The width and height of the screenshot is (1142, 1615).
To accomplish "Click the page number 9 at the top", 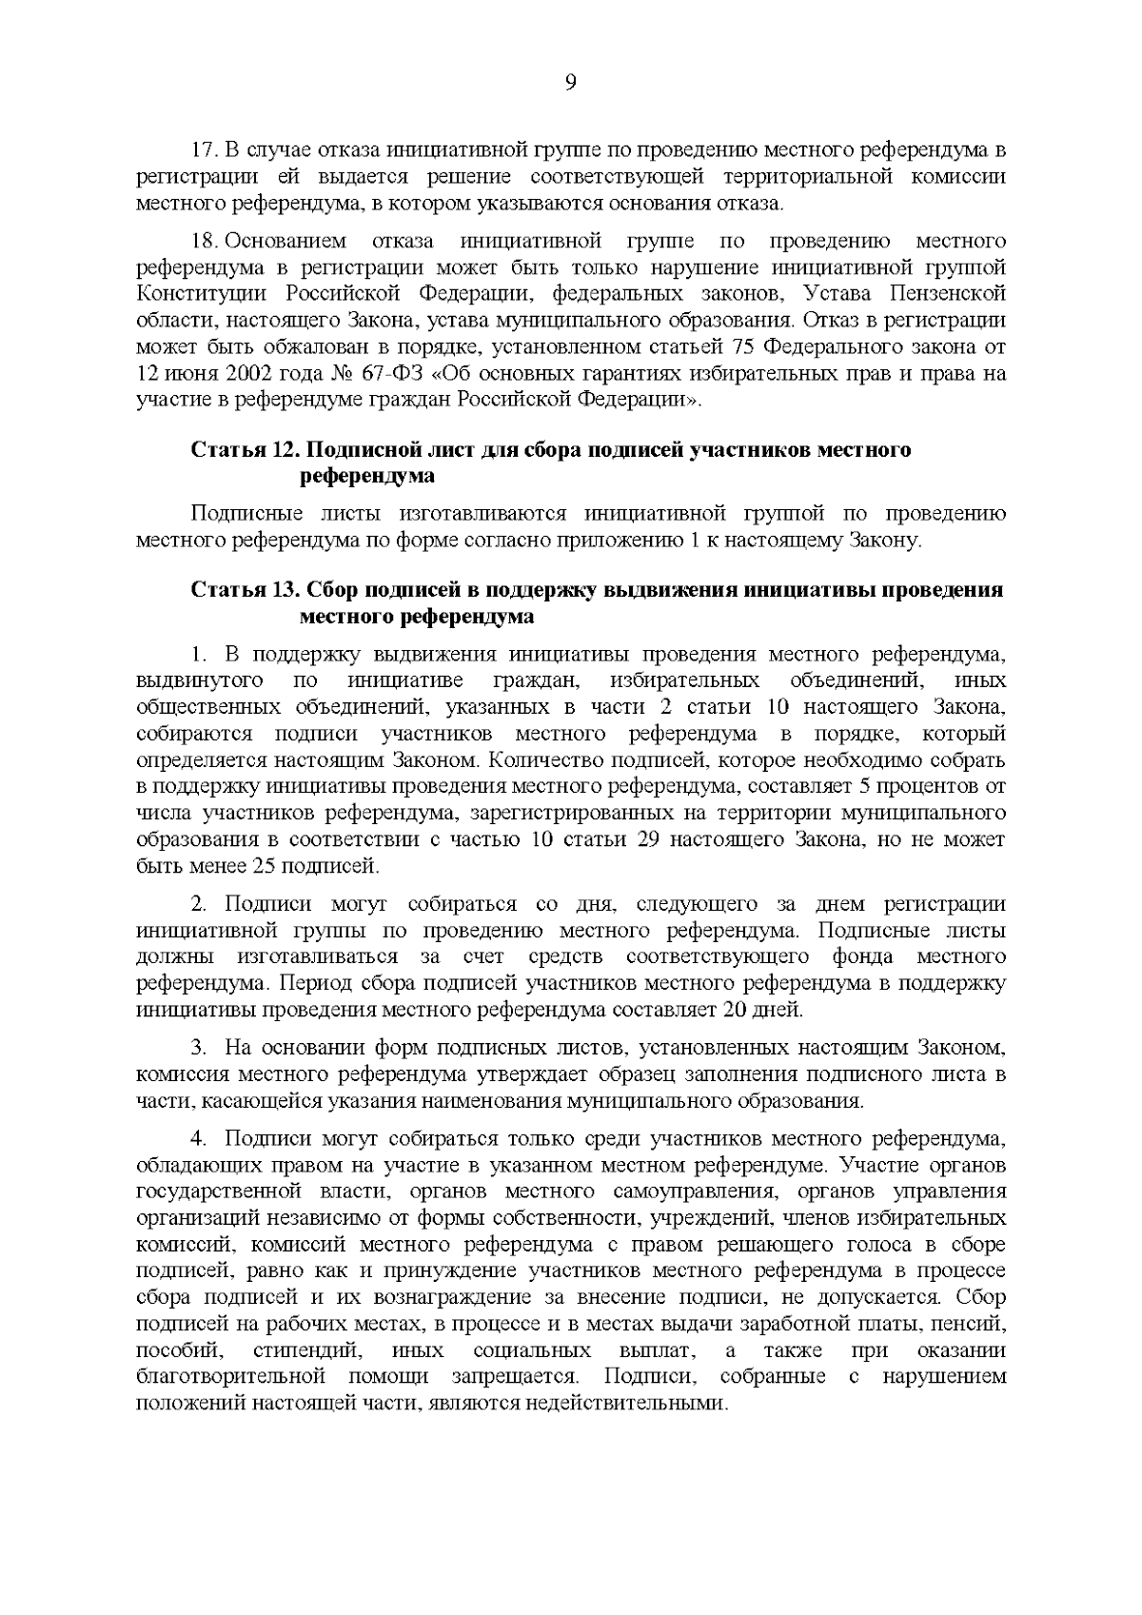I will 570,83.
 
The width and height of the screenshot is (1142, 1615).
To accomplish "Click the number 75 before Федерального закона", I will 747,346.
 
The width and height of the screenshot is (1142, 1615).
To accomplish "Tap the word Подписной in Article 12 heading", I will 356,449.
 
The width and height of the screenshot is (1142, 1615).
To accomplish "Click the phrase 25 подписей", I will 315,867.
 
